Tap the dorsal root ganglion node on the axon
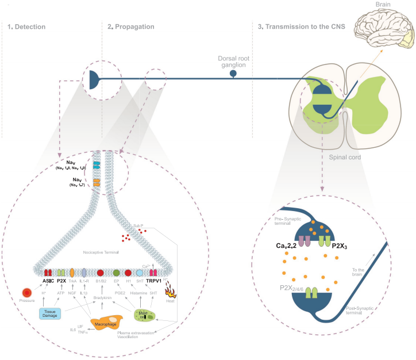click(233, 74)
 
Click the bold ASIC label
click(48, 281)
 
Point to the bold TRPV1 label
click(154, 281)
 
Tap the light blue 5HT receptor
click(139, 271)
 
